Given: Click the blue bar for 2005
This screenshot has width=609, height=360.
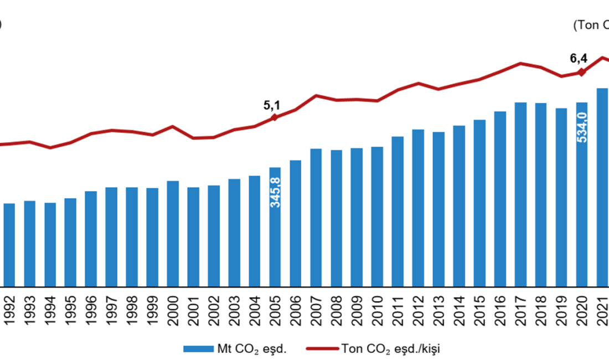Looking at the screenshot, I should coord(275,227).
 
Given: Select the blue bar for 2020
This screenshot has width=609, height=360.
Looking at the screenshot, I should coord(582,194).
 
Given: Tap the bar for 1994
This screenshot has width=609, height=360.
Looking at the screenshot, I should coord(50,244).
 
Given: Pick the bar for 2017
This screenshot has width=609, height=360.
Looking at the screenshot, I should coord(520,194).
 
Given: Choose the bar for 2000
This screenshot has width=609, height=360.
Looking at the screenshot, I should coord(173,233).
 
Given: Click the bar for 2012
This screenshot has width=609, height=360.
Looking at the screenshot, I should coord(418,208).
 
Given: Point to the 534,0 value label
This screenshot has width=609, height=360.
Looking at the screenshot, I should coord(582,127).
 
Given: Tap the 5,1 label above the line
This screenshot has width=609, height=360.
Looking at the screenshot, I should coord(272,105).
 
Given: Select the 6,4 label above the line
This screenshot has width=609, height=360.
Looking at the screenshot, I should coord(578,58).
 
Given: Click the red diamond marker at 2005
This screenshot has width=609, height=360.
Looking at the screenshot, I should coord(275,117).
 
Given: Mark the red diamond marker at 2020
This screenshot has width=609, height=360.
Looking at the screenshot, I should coord(581,71).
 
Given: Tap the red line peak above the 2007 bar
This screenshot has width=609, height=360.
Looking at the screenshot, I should coord(316,95).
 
